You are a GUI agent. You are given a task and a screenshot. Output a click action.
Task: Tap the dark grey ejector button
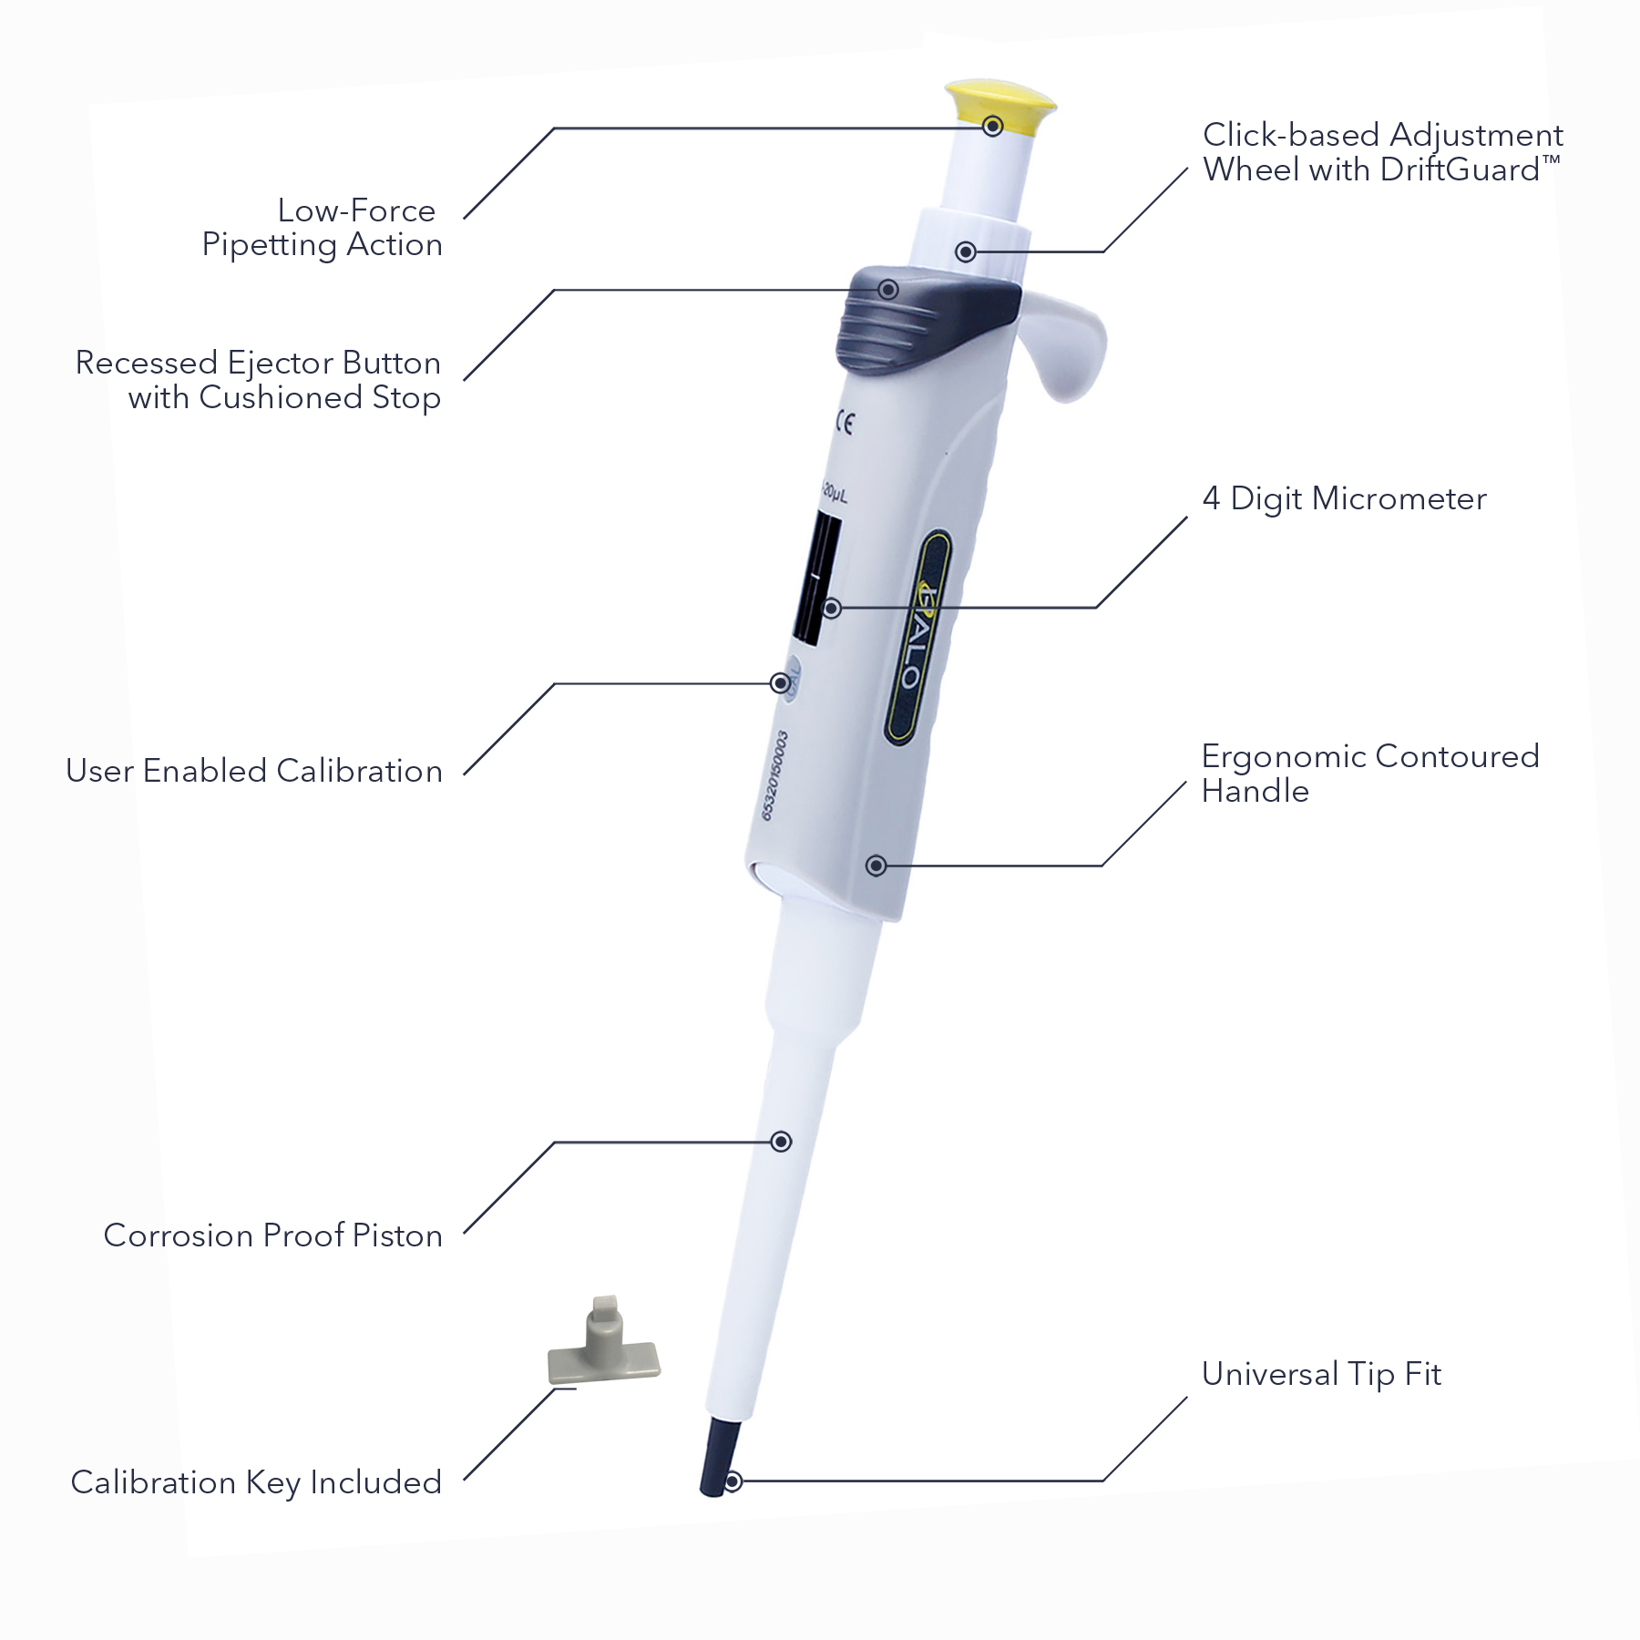(x=920, y=319)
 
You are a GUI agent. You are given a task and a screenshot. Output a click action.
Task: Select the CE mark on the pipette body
(x=845, y=424)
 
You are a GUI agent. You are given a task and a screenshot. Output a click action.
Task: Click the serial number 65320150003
(x=774, y=775)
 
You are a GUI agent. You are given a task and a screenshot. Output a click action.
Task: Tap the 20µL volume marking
(x=834, y=495)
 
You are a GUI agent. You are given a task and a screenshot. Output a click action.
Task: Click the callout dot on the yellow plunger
(x=993, y=126)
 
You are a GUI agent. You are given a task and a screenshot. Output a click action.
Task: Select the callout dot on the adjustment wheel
(x=966, y=251)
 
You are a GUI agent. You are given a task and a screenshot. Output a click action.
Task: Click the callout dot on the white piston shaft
(x=781, y=1142)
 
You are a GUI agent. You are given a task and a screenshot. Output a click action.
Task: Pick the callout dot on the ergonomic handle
(x=876, y=865)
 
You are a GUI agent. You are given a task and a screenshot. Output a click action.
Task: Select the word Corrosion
(x=179, y=1235)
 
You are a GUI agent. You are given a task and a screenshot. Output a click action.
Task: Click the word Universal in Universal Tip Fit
(x=1270, y=1374)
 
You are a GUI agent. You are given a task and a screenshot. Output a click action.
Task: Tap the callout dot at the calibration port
(x=780, y=682)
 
